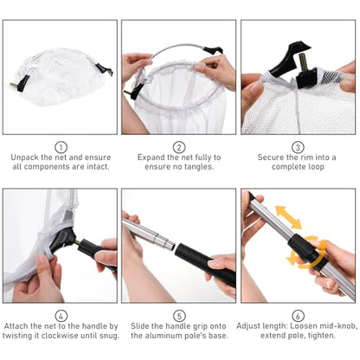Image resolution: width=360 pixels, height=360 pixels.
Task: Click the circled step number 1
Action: (61, 147)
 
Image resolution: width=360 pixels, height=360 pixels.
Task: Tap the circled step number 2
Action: (179, 147)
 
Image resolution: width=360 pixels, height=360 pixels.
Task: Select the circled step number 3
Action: (298, 147)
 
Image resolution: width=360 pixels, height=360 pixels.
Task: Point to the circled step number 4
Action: (61, 316)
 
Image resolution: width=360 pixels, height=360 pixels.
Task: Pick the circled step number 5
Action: (179, 316)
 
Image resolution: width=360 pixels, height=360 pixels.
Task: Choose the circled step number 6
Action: (298, 316)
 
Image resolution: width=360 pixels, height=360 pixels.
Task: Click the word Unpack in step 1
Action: (24, 157)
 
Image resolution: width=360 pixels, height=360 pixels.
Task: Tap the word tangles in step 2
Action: (199, 167)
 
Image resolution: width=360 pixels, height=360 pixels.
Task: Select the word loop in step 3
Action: (315, 167)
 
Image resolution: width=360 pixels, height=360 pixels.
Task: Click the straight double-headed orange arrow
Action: (288, 217)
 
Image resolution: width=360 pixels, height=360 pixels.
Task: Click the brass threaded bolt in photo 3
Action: (303, 63)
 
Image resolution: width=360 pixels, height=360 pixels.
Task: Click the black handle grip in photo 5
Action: (205, 263)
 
